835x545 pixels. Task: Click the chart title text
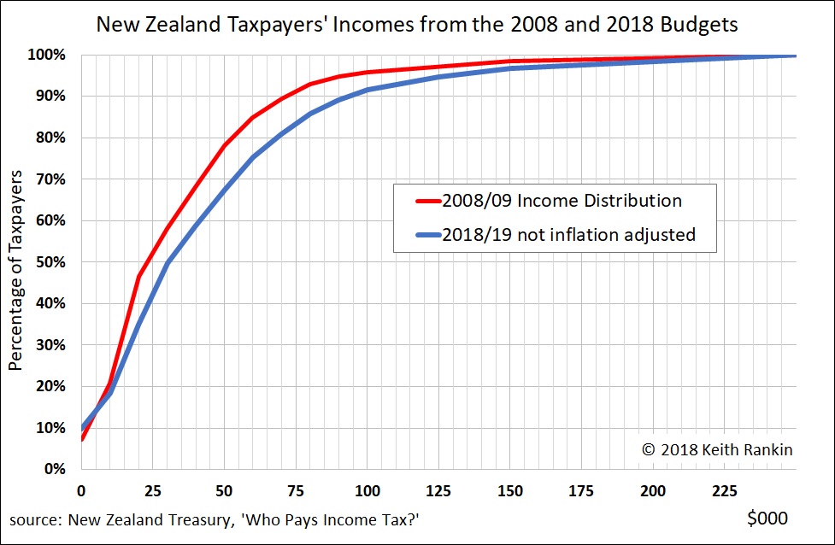[417, 24]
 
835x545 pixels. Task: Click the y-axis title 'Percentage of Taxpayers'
[15, 268]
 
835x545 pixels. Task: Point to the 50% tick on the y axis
[50, 262]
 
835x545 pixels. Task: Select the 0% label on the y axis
[53, 469]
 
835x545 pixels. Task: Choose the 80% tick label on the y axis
[50, 138]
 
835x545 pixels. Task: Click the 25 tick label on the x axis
[152, 491]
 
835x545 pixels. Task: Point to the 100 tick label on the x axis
[367, 491]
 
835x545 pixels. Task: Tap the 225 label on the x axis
[725, 491]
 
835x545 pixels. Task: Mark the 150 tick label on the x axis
[510, 491]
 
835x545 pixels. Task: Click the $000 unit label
[766, 518]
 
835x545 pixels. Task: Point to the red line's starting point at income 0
[81, 440]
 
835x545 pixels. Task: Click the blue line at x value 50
[224, 189]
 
